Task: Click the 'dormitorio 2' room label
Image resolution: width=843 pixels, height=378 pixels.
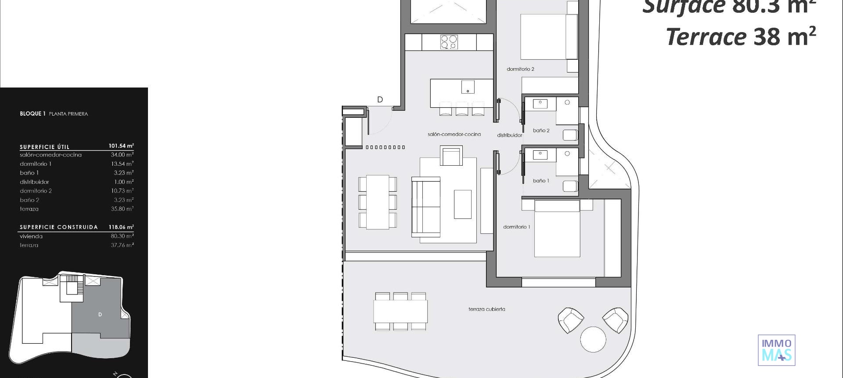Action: click(520, 69)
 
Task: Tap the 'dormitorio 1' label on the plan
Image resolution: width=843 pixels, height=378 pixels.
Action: click(516, 227)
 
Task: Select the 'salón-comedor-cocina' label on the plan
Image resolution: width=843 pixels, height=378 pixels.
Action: click(454, 134)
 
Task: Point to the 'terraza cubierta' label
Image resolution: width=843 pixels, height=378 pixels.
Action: click(486, 309)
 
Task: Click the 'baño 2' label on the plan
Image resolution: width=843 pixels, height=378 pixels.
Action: click(541, 131)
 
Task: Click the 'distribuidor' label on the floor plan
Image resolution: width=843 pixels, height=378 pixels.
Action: click(509, 135)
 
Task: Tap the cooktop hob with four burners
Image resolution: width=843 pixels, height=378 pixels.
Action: click(449, 42)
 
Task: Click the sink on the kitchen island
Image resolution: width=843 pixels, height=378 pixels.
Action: click(468, 87)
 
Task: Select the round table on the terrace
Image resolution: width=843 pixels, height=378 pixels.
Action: click(593, 339)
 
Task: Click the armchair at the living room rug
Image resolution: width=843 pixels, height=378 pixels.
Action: click(451, 156)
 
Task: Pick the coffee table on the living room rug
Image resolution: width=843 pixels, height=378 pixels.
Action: click(462, 204)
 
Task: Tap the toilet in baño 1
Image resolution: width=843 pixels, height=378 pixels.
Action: click(570, 186)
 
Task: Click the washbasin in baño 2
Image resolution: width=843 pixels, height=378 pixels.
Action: click(540, 104)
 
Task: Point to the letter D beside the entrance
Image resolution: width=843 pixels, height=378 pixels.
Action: click(380, 100)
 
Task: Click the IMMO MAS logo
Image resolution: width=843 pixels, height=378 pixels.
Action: click(776, 350)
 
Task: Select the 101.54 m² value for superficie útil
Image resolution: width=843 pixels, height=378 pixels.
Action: click(121, 145)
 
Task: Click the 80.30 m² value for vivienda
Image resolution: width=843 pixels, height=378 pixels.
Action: click(122, 236)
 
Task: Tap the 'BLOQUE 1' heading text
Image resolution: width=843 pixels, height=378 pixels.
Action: click(32, 114)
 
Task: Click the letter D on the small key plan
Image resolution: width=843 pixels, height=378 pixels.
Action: click(100, 314)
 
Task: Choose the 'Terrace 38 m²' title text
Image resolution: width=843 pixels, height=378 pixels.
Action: click(741, 36)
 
